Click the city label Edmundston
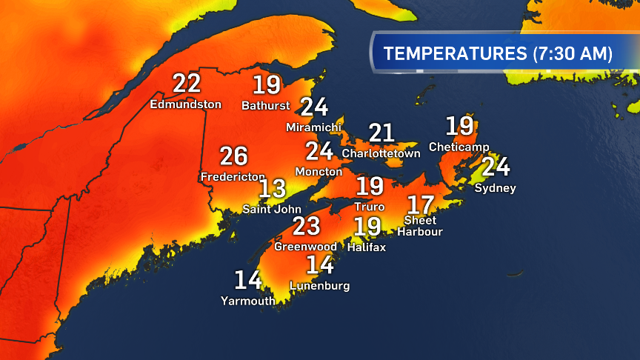pyautogui.click(x=185, y=104)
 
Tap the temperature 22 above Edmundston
pyautogui.click(x=187, y=84)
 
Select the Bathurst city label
pyautogui.click(x=265, y=105)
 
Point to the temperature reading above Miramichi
pyautogui.click(x=314, y=107)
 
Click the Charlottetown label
pyautogui.click(x=381, y=153)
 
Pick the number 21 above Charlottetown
pyautogui.click(x=382, y=133)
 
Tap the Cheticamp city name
pyautogui.click(x=459, y=147)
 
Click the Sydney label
pyautogui.click(x=495, y=188)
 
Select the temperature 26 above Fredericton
pyautogui.click(x=233, y=156)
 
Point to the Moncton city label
pyautogui.click(x=319, y=171)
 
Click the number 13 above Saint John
pyautogui.click(x=272, y=188)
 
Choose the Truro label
pyautogui.click(x=370, y=207)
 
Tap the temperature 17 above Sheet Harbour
pyautogui.click(x=421, y=203)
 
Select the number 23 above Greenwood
pyautogui.click(x=306, y=226)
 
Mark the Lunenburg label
pyautogui.click(x=320, y=285)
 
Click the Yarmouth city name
pyautogui.click(x=247, y=300)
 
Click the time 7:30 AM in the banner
pyautogui.click(x=573, y=53)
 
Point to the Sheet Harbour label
pyautogui.click(x=423, y=226)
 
